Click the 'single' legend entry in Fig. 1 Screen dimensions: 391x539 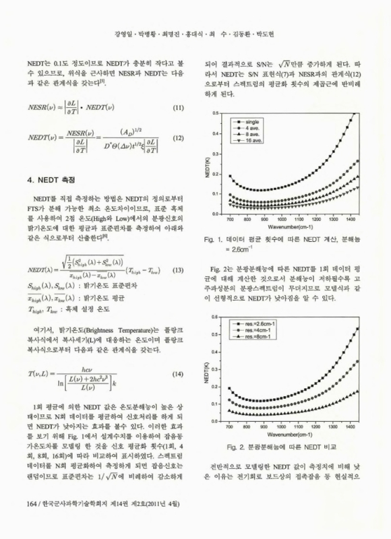253,121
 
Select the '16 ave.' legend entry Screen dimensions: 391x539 255,143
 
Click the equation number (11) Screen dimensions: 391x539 179,107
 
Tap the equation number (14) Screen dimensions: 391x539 179,374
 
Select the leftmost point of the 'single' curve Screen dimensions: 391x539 230,176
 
